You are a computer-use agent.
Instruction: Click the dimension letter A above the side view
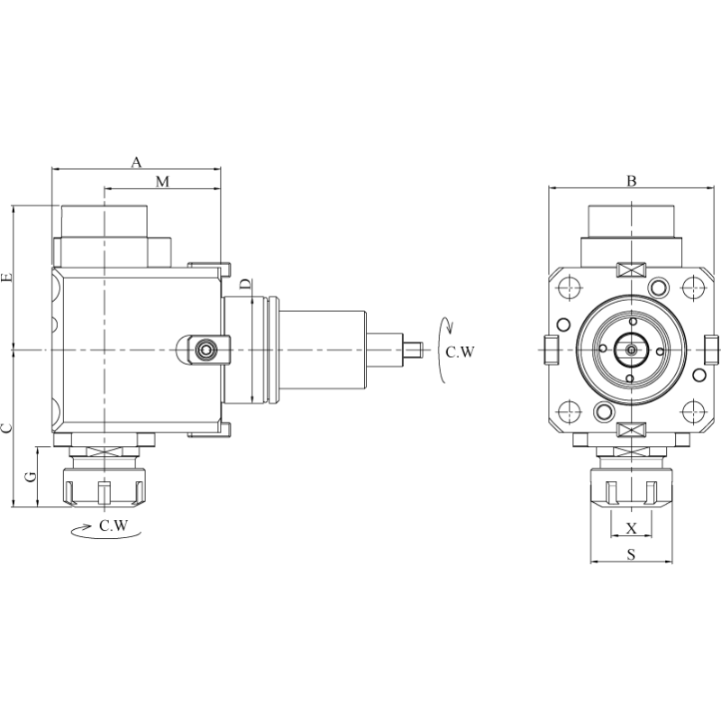[137, 162]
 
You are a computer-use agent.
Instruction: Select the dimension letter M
[162, 181]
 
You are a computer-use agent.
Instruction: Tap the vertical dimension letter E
[7, 278]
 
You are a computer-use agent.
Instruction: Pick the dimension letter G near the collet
[30, 475]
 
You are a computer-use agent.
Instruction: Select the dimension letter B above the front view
[632, 181]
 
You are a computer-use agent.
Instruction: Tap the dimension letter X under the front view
[631, 526]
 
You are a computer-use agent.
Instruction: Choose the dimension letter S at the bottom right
[631, 555]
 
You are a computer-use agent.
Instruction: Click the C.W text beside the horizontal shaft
[460, 351]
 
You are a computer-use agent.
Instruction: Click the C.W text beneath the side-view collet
[114, 525]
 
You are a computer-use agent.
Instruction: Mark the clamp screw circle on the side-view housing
[208, 348]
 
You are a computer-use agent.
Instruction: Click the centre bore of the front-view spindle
[631, 348]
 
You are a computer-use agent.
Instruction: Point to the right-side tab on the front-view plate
[712, 348]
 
